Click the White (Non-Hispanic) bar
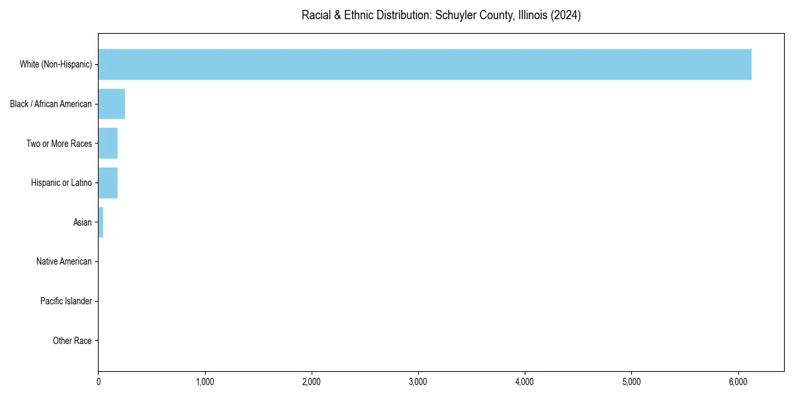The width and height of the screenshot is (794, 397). coord(423,64)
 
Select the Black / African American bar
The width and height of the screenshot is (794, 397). coord(111,104)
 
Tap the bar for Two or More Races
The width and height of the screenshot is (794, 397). coord(108,144)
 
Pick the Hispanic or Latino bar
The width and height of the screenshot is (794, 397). coord(108,183)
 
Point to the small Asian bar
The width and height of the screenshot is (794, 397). coord(101,222)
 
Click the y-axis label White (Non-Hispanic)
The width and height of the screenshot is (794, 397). coord(56,64)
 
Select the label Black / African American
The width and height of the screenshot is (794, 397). coord(51,104)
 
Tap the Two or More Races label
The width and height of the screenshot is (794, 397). coord(59,144)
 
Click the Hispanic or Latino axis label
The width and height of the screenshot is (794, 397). coord(61,183)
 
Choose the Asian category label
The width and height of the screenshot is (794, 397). coord(82,222)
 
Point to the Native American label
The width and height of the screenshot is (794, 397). coord(64,261)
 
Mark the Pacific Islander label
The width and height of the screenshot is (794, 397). coord(66,301)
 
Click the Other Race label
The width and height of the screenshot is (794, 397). coord(72,341)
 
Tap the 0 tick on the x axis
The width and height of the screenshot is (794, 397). coord(99,382)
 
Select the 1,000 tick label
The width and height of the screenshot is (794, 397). coord(205,382)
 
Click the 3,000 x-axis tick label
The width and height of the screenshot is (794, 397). coord(418,382)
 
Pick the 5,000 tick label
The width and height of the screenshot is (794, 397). coord(631,382)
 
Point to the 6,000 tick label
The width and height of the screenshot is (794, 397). coord(738,382)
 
